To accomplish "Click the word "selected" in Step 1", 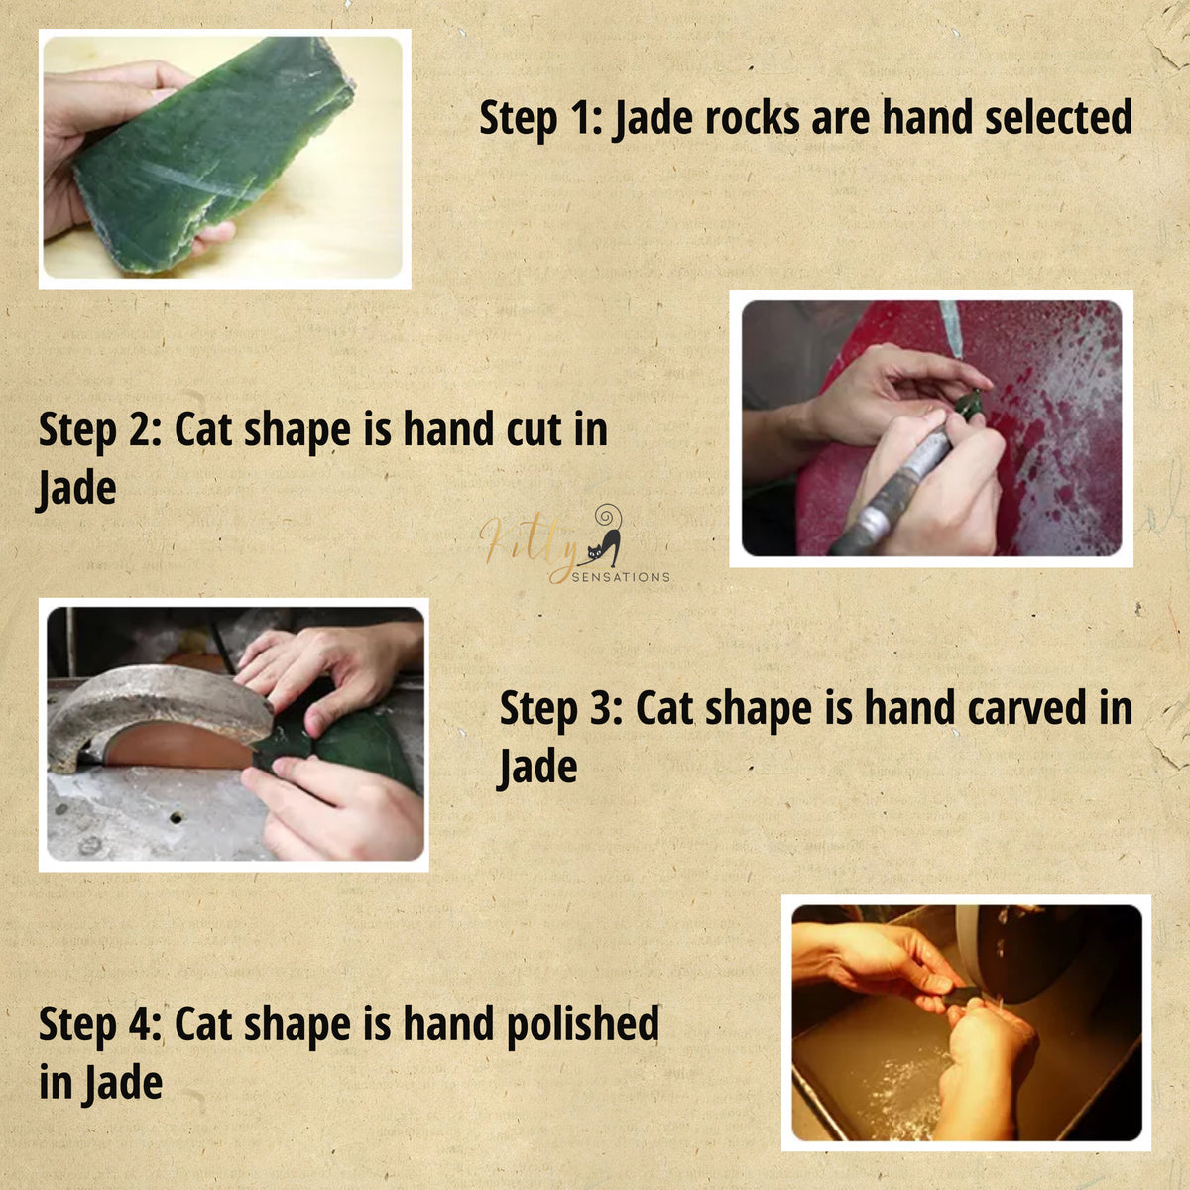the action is (1058, 117).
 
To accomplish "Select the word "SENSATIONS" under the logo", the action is (621, 577).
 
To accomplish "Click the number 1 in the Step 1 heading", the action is (580, 118).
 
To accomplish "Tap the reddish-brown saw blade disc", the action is (179, 746).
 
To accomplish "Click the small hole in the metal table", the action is (176, 818).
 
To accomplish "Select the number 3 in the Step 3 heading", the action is (601, 708).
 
